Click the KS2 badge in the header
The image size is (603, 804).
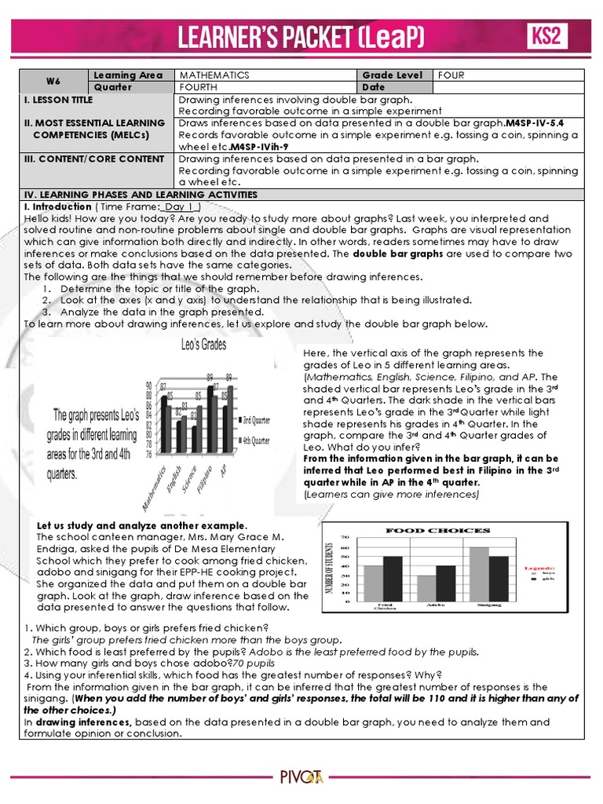(546, 37)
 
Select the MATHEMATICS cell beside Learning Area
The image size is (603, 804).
(214, 75)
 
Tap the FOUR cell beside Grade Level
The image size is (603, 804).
(451, 75)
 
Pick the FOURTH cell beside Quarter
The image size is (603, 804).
(199, 87)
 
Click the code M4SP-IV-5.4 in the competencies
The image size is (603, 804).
(535, 123)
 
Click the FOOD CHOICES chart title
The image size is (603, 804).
(437, 530)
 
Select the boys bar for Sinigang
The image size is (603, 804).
(478, 574)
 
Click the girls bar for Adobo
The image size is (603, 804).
(445, 583)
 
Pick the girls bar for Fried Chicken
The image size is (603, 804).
(393, 579)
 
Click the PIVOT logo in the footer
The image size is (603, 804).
(301, 777)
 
